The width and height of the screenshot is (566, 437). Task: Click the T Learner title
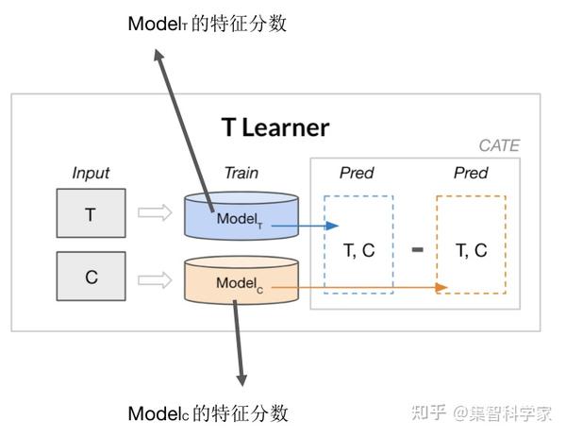(x=275, y=127)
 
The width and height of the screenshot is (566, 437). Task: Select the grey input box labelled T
(x=91, y=213)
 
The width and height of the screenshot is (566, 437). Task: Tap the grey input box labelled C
(x=91, y=277)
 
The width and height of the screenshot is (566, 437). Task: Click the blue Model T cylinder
(x=241, y=216)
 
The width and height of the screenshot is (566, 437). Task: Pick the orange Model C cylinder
(x=241, y=280)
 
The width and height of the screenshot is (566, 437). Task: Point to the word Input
(x=91, y=173)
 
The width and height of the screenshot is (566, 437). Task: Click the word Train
(x=241, y=173)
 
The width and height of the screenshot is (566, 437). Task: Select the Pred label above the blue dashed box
(x=357, y=173)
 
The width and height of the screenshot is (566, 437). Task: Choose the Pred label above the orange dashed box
(x=471, y=173)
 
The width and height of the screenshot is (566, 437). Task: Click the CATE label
(x=499, y=145)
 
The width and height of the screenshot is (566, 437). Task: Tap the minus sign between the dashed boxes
(x=417, y=249)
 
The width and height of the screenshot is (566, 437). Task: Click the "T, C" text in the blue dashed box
(x=358, y=250)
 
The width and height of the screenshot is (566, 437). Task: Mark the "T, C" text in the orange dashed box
(x=472, y=250)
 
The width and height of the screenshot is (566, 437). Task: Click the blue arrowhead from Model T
(x=332, y=226)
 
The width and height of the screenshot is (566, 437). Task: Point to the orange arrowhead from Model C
(x=441, y=288)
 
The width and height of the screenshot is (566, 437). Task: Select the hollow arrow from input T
(x=155, y=212)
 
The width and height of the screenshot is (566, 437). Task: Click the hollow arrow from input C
(x=155, y=280)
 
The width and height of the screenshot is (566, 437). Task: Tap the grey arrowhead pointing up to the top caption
(x=158, y=56)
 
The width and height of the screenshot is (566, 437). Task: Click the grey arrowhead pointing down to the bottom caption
(x=241, y=380)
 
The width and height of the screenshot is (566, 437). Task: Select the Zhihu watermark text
(x=481, y=413)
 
